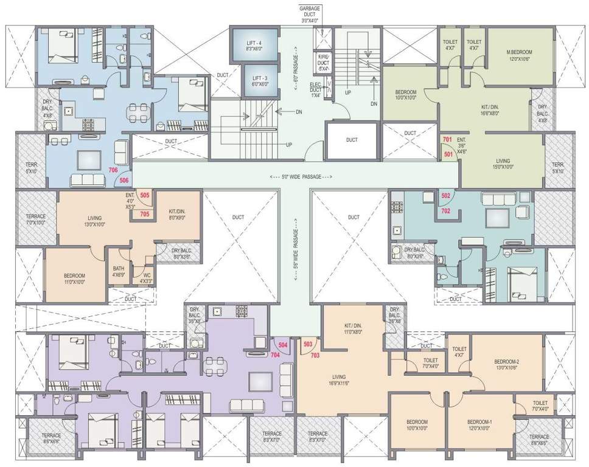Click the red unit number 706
[x=113, y=171]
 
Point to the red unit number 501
[x=448, y=154]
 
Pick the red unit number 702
[x=445, y=210]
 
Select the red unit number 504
[x=282, y=345]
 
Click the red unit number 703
[x=315, y=355]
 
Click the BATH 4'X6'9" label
[x=119, y=271]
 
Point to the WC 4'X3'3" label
[x=145, y=277]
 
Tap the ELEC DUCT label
[x=315, y=89]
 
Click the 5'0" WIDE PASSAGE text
[x=302, y=177]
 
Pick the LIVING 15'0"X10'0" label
[x=503, y=165]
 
